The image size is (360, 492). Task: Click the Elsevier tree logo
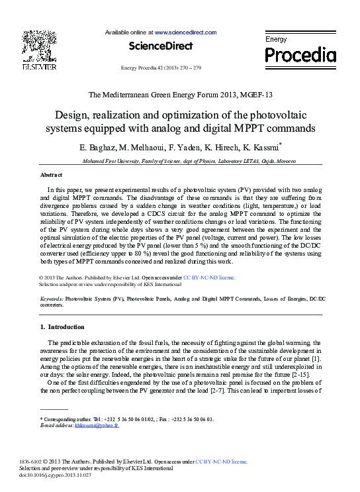pyautogui.click(x=39, y=46)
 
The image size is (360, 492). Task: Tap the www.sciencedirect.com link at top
pyautogui.click(x=186, y=32)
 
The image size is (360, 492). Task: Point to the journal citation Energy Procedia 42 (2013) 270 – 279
pyautogui.click(x=161, y=68)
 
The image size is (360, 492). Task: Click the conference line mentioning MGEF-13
pyautogui.click(x=179, y=94)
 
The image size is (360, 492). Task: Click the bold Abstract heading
pyautogui.click(x=51, y=175)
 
